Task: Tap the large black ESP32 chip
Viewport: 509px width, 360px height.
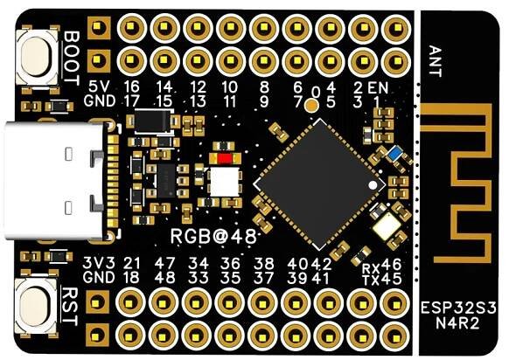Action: coord(319,184)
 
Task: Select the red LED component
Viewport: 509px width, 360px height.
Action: coord(225,158)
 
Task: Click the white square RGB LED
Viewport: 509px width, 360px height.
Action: coord(225,183)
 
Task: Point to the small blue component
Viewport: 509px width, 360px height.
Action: coord(394,153)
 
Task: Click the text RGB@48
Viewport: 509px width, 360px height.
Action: coord(213,237)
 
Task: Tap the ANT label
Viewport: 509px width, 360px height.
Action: coord(436,61)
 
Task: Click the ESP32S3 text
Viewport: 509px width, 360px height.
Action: coord(458,308)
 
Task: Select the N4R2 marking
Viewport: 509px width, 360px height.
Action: coord(458,323)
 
